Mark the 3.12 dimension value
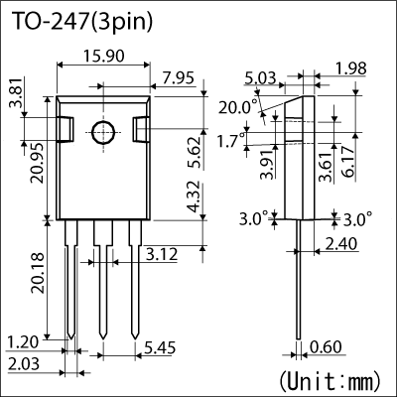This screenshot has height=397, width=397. click(x=162, y=256)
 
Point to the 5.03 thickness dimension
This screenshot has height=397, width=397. click(x=259, y=77)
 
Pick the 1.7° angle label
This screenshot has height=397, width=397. click(x=229, y=141)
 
